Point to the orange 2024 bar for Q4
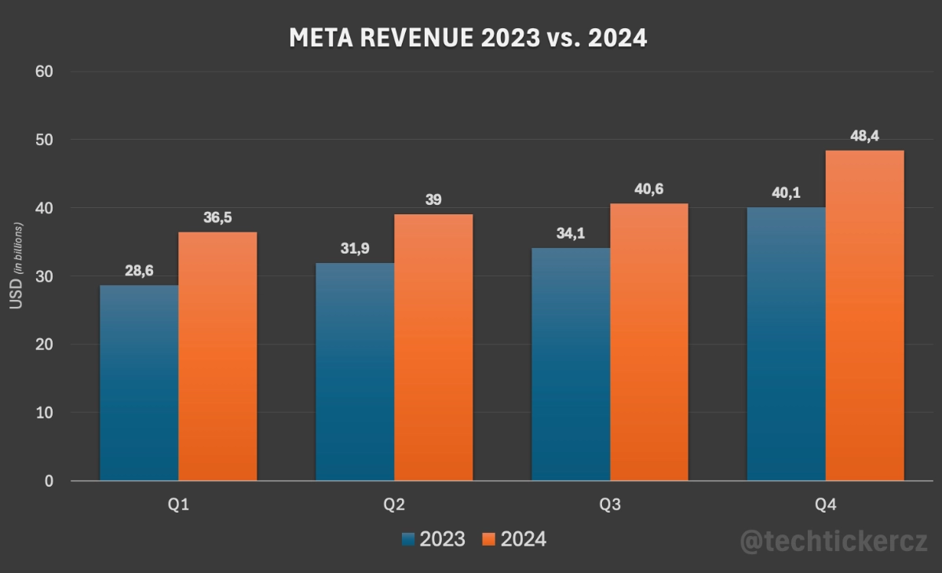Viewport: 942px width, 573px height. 864,315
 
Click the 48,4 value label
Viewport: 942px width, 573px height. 864,137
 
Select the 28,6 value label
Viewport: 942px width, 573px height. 139,271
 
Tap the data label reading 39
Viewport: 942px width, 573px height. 433,200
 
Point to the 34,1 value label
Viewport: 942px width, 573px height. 571,234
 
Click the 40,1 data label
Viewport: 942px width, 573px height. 786,193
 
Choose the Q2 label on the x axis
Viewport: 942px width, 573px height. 394,504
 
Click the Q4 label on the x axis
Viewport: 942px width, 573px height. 825,504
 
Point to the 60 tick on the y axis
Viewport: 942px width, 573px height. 43,72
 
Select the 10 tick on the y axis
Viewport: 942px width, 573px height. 43,412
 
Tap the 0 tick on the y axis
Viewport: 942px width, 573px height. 49,480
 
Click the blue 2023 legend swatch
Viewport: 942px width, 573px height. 407,539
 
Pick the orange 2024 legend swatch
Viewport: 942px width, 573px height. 488,539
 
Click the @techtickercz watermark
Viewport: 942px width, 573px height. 834,541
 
